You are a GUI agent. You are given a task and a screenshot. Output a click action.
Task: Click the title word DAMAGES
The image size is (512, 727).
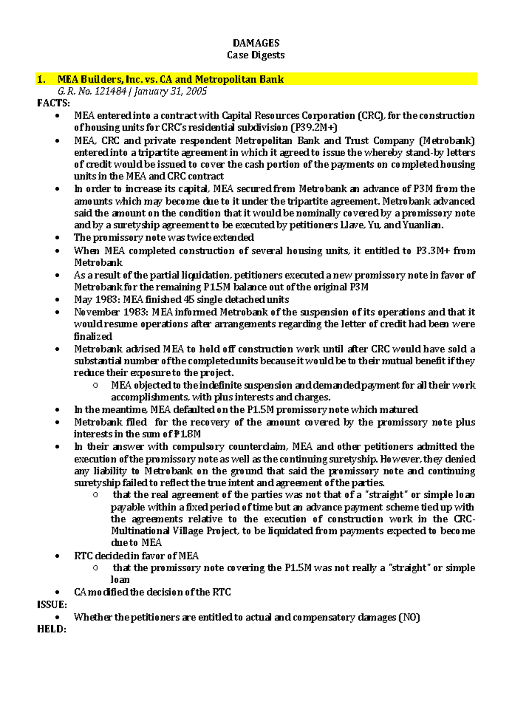pyautogui.click(x=256, y=43)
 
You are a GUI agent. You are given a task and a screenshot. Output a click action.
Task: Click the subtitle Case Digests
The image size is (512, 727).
pyautogui.click(x=256, y=55)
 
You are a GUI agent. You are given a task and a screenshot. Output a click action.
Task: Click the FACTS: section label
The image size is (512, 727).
pyautogui.click(x=53, y=103)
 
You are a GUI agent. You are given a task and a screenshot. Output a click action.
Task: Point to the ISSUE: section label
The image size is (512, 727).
pyautogui.click(x=52, y=605)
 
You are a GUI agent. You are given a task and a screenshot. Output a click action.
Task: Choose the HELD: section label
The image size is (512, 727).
pyautogui.click(x=52, y=629)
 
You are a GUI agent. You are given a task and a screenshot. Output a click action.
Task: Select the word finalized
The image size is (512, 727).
pyautogui.click(x=93, y=336)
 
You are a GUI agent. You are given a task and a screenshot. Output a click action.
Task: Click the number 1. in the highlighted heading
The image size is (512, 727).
pyautogui.click(x=41, y=79)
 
